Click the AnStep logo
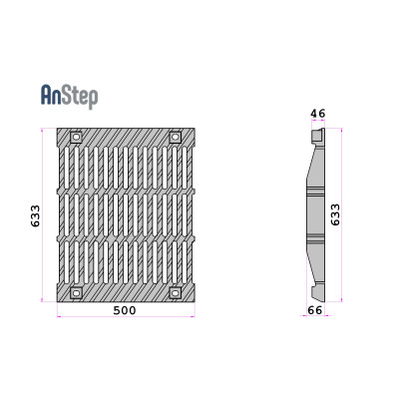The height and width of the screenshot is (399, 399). pyautogui.click(x=69, y=96)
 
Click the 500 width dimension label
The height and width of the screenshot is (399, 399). pyautogui.click(x=125, y=310)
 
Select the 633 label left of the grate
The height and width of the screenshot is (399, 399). pyautogui.click(x=35, y=215)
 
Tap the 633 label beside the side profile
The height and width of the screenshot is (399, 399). pyautogui.click(x=335, y=214)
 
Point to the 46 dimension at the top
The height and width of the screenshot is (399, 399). pyautogui.click(x=318, y=114)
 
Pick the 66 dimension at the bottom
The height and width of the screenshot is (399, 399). pyautogui.click(x=315, y=310)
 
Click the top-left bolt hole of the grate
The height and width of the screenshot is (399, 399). pyautogui.click(x=76, y=137)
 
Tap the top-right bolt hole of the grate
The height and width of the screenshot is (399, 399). pyautogui.click(x=175, y=137)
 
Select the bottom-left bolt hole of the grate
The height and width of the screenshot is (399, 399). pyautogui.click(x=76, y=293)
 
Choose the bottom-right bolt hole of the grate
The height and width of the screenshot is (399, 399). pyautogui.click(x=175, y=293)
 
